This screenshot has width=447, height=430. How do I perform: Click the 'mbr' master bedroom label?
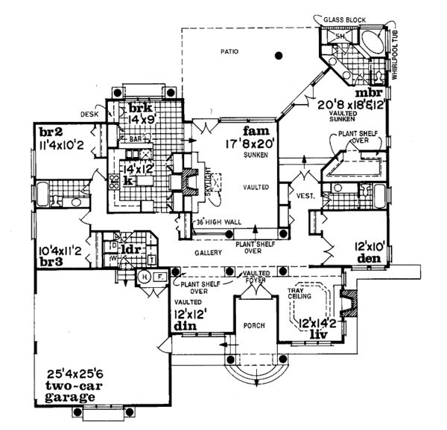[368, 94]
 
